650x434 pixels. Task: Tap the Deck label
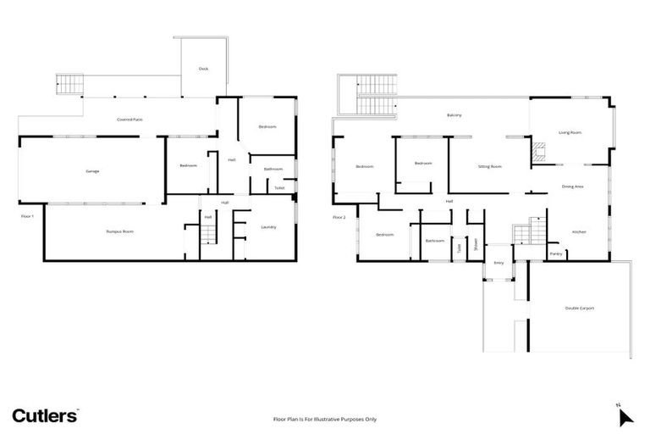pos(203,69)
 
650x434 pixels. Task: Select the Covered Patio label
pos(129,120)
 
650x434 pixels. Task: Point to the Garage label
pos(92,171)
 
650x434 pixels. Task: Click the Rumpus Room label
pos(119,231)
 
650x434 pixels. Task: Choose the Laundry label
pos(268,226)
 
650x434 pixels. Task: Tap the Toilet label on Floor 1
pos(278,188)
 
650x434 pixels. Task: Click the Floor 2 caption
pos(339,217)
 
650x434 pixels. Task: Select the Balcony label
pos(454,115)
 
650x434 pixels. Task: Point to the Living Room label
pos(570,132)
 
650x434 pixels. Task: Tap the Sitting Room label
pos(490,166)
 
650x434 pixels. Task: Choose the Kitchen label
pos(579,231)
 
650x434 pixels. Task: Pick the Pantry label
pos(556,253)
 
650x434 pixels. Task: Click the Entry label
pos(499,264)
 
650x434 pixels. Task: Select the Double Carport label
pos(580,308)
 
